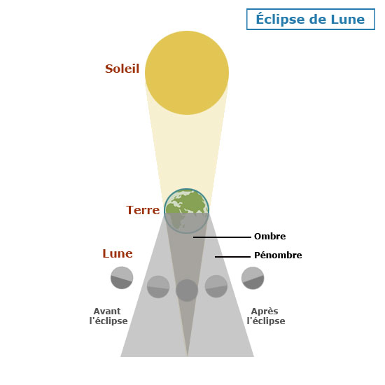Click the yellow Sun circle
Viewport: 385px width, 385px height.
[x=187, y=73]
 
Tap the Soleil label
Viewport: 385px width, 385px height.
[x=122, y=69]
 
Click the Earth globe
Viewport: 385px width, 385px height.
[x=187, y=211]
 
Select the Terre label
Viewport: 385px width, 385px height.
[x=143, y=210]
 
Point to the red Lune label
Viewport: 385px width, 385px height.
[x=118, y=253]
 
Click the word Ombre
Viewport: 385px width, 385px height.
[x=269, y=237]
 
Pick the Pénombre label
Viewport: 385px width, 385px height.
[x=278, y=255]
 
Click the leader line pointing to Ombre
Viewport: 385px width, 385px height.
[x=222, y=237]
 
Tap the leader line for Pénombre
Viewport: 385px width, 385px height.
[x=232, y=257]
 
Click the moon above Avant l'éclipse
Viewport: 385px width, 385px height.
[x=122, y=278]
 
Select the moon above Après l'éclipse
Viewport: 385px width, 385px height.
[x=253, y=278]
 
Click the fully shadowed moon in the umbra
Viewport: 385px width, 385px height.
[x=187, y=290]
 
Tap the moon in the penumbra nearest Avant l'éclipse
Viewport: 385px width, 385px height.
[x=158, y=287]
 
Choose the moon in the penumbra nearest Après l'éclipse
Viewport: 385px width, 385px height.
[x=216, y=286]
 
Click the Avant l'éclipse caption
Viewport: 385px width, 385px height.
[x=108, y=316]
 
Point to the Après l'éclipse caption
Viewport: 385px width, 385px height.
[x=266, y=316]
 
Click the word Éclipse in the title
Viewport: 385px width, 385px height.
[x=280, y=19]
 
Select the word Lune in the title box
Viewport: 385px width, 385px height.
[x=348, y=20]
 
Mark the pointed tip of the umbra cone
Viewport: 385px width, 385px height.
[x=188, y=356]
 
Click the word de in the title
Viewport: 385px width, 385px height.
[x=317, y=20]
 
